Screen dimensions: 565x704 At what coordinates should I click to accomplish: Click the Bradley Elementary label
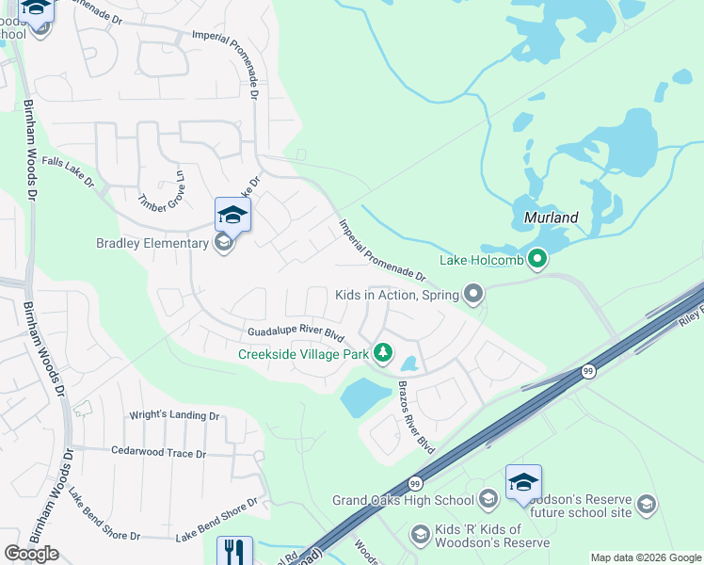click(x=152, y=243)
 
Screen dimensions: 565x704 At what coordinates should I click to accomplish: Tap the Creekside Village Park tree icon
click(x=382, y=353)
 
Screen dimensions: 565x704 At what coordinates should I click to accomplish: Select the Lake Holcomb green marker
click(x=537, y=259)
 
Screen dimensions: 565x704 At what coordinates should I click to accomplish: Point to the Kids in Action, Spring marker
click(x=472, y=296)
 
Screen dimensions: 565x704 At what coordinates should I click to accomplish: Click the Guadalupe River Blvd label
click(x=295, y=332)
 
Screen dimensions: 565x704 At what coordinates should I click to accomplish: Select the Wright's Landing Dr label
click(x=174, y=415)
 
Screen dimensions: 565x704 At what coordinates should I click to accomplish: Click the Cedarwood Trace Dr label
click(x=158, y=453)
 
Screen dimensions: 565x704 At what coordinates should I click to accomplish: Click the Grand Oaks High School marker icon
click(x=488, y=499)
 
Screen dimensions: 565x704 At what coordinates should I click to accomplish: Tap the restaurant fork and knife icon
click(x=234, y=551)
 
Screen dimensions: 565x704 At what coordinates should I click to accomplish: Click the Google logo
click(x=31, y=554)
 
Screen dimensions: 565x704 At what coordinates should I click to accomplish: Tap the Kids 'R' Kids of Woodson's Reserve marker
click(x=420, y=535)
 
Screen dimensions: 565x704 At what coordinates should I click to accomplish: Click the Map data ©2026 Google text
click(x=647, y=557)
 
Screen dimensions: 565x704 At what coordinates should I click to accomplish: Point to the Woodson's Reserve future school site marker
click(x=646, y=505)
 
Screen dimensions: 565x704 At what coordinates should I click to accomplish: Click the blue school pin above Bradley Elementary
click(x=232, y=216)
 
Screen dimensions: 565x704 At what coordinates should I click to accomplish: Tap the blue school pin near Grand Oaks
click(x=523, y=483)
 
